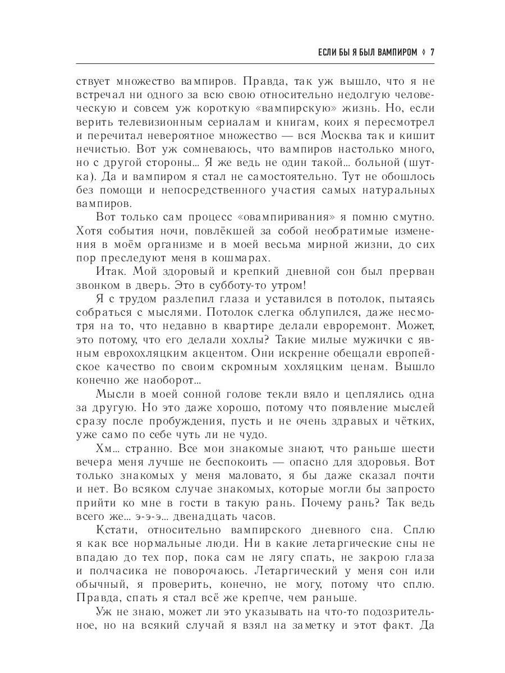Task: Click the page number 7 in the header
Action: [432, 53]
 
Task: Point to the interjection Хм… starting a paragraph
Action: [107, 448]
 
